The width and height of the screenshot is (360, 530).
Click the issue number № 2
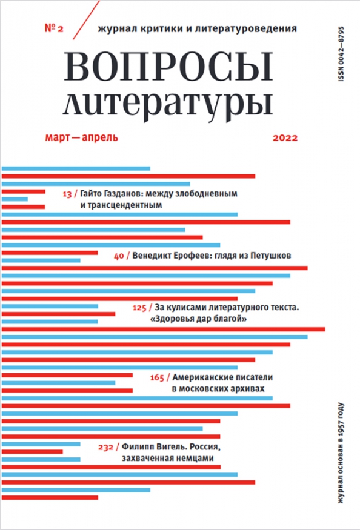(54, 28)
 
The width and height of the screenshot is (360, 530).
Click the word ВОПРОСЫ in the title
(167, 66)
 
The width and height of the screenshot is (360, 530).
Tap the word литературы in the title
(167, 104)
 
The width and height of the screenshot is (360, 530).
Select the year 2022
(285, 138)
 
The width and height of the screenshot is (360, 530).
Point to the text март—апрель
(82, 137)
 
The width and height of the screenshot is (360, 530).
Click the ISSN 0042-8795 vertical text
(341, 54)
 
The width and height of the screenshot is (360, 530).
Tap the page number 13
(67, 194)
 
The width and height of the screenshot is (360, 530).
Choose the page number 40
(119, 256)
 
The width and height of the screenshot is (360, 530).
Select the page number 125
(140, 308)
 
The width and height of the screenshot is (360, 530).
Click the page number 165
(157, 377)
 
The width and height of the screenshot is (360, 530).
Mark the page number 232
(105, 447)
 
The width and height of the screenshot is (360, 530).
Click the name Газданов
(121, 194)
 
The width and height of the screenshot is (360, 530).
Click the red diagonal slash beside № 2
(86, 19)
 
